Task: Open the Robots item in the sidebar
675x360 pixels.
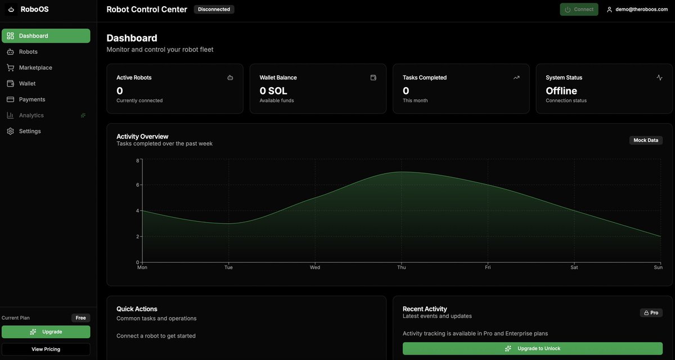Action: tap(28, 52)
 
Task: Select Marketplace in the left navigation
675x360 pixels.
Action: tap(35, 67)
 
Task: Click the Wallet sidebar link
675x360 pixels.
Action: tap(27, 83)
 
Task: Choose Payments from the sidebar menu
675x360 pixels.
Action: tap(31, 100)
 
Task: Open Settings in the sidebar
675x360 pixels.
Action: tap(29, 131)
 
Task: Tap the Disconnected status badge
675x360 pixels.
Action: tap(214, 10)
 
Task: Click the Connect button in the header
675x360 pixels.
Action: tap(579, 10)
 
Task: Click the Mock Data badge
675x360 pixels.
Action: tap(646, 141)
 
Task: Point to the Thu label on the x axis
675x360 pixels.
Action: tap(402, 268)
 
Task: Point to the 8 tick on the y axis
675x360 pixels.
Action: tap(137, 161)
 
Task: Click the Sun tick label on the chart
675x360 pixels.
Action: tap(658, 268)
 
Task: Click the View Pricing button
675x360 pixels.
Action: tap(46, 349)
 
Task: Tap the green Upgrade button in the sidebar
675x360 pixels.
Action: tap(46, 332)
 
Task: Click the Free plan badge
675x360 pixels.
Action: tap(80, 318)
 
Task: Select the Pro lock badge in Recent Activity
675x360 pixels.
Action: tap(651, 313)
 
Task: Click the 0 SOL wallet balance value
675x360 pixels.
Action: tap(273, 91)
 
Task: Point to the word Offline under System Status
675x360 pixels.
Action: tap(561, 91)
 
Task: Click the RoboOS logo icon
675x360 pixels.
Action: tap(11, 10)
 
